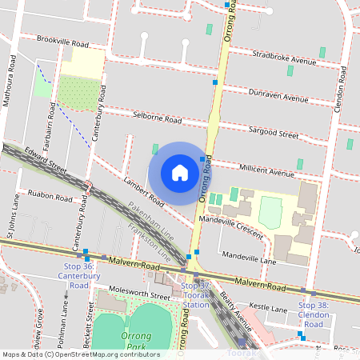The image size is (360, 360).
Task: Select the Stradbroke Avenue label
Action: [284, 58]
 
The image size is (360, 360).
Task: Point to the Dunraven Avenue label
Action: [278, 96]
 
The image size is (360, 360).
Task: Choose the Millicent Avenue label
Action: [266, 171]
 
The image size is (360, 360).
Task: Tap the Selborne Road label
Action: [158, 118]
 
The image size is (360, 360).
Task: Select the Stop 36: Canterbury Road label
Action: [78, 275]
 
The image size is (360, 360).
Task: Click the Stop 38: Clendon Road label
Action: [313, 314]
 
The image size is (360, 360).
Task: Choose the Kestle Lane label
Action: [268, 308]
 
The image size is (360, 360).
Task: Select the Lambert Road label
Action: [143, 192]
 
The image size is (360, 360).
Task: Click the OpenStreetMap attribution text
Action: [80, 354]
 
